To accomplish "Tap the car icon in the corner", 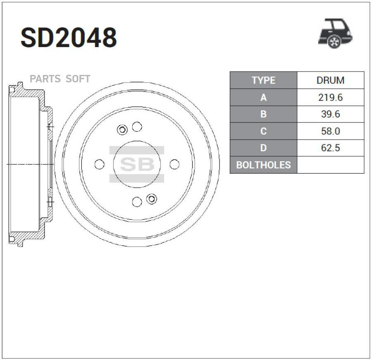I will pos(335,33).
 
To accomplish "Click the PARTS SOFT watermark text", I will pos(60,79).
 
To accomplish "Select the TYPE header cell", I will pos(263,80).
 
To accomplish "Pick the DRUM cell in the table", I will pos(330,80).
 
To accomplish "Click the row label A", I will pos(263,98).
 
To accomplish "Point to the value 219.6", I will pos(330,98).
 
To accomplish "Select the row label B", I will pos(263,114).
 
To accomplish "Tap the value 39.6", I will pos(330,114).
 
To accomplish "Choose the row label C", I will pos(263,131).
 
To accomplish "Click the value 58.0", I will pos(330,131).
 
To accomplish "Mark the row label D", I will pos(263,148).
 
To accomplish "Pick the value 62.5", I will pos(330,148).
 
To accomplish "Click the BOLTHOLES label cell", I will pos(263,165).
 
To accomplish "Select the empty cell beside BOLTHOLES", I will pos(330,165).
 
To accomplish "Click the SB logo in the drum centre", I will pos(137,165).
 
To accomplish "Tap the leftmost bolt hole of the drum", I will pos(99,165).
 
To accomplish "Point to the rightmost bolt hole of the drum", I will pos(174,165).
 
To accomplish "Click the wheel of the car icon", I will pos(334,42).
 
